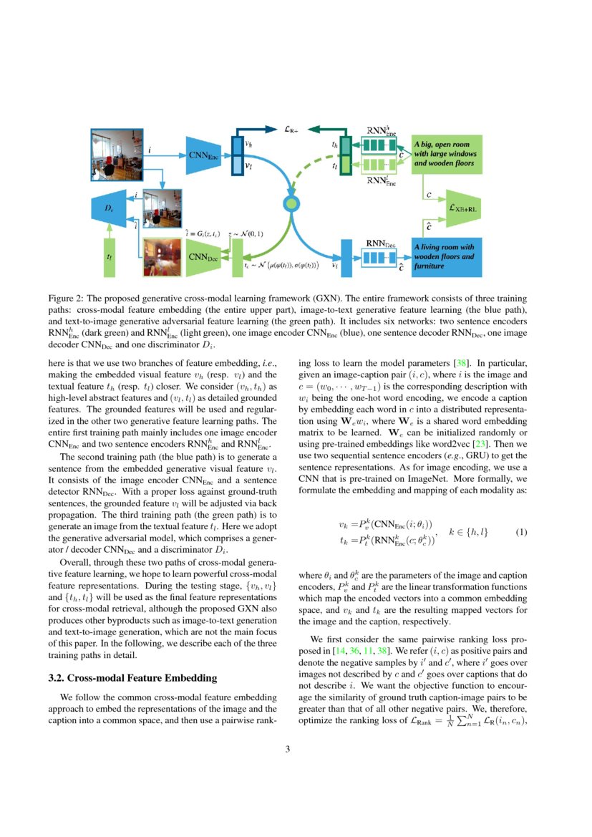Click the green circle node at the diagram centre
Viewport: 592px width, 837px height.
pyautogui.click(x=291, y=204)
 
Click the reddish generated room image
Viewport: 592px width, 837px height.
pyautogui.click(x=162, y=256)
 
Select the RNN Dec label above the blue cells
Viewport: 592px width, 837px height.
pyautogui.click(x=380, y=243)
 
